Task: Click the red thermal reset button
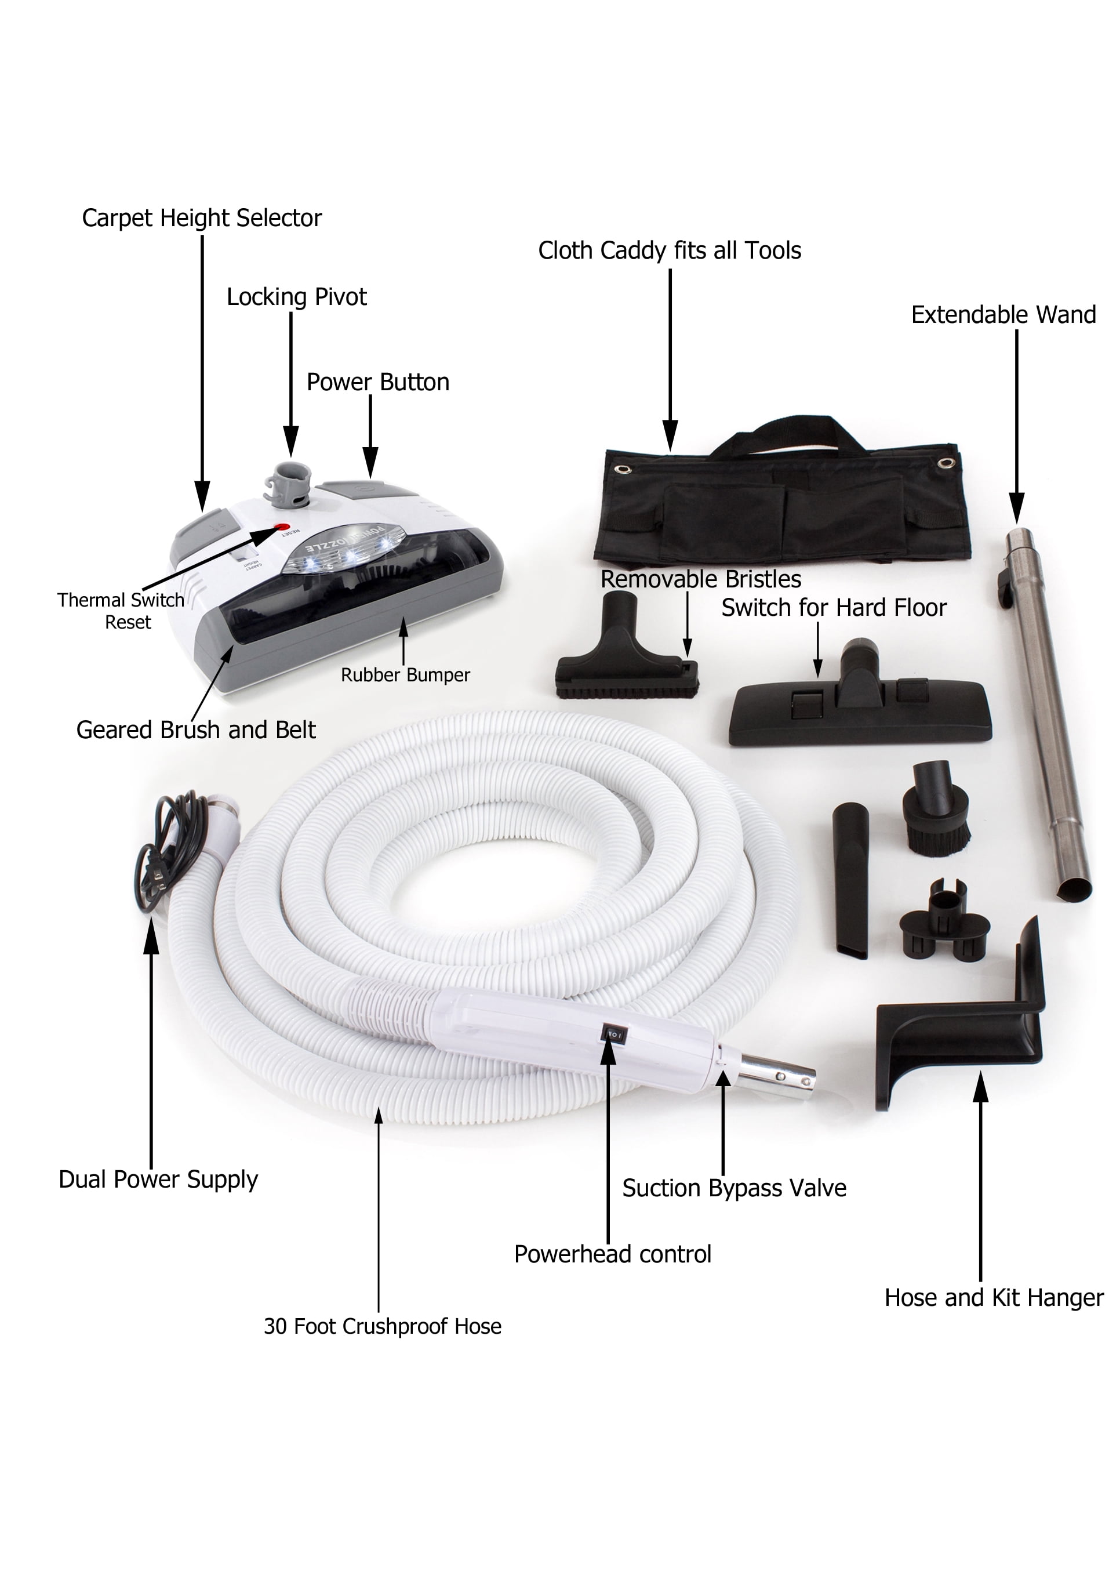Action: (x=282, y=528)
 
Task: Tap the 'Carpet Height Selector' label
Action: (x=202, y=218)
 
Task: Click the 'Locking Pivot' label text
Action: (x=296, y=297)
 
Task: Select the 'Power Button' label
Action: (x=378, y=382)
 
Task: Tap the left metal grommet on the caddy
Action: (x=624, y=469)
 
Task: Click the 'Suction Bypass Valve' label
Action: (x=734, y=1188)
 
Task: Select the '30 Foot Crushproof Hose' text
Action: (x=383, y=1326)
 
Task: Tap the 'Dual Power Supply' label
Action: (x=158, y=1179)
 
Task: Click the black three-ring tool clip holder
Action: (x=944, y=919)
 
